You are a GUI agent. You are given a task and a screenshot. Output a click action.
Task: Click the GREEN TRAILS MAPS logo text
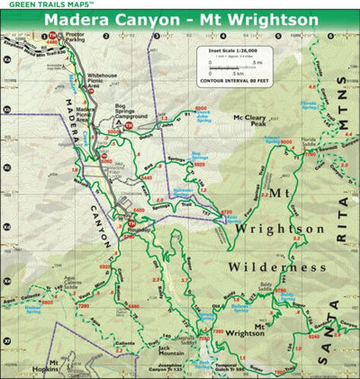(36, 5)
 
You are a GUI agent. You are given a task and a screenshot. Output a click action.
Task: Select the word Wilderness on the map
(275, 267)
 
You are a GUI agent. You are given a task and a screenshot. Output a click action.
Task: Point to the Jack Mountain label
(148, 345)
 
